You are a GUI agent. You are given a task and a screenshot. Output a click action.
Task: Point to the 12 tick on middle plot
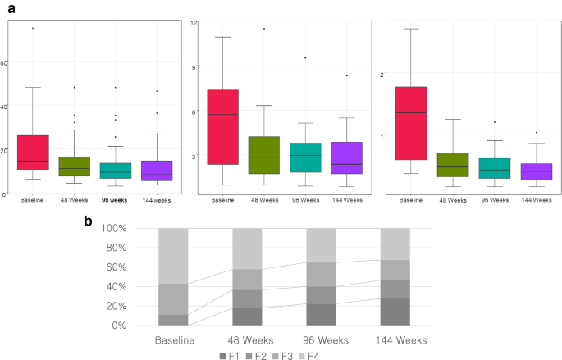[194, 22]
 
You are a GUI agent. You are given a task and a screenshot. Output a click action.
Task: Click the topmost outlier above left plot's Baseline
[33, 28]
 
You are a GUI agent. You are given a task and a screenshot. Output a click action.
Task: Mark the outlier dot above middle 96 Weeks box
[305, 57]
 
